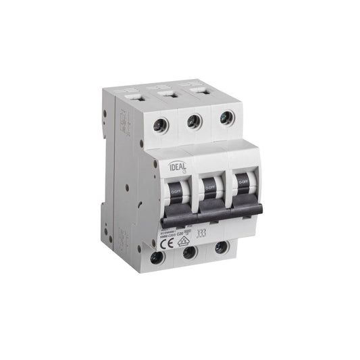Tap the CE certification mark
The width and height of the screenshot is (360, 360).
coord(168,240)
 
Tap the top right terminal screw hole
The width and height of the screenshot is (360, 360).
coord(226,117)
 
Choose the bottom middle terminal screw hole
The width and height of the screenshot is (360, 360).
coord(190,252)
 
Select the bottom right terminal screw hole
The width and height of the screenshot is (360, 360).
coord(221,247)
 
